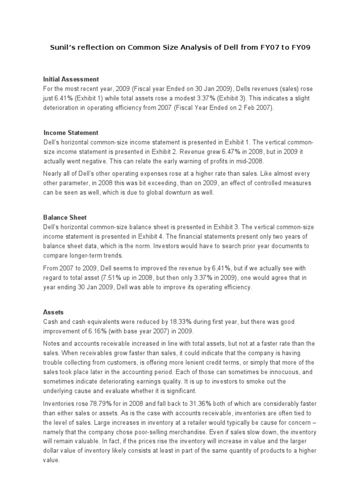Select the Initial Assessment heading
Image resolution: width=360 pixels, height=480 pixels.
click(71, 79)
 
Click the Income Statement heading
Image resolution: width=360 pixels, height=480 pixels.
click(71, 133)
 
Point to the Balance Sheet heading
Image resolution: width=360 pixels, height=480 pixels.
click(65, 217)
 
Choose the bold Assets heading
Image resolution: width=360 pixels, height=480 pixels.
click(53, 311)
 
